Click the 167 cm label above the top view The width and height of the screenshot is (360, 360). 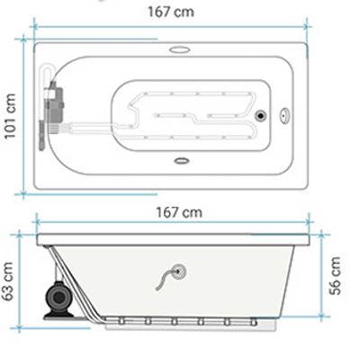click(x=171, y=12)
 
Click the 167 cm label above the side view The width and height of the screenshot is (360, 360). click(x=179, y=212)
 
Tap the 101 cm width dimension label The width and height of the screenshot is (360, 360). click(x=10, y=116)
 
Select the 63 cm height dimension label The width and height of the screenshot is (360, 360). click(x=7, y=281)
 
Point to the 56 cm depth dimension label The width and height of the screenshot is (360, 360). click(x=335, y=276)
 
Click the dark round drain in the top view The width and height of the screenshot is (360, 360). click(x=260, y=115)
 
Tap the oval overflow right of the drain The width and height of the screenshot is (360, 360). click(x=284, y=115)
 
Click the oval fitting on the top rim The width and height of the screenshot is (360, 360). click(x=179, y=49)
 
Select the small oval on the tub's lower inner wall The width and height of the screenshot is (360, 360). click(x=182, y=161)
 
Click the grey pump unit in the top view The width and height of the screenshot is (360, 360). click(x=54, y=103)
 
